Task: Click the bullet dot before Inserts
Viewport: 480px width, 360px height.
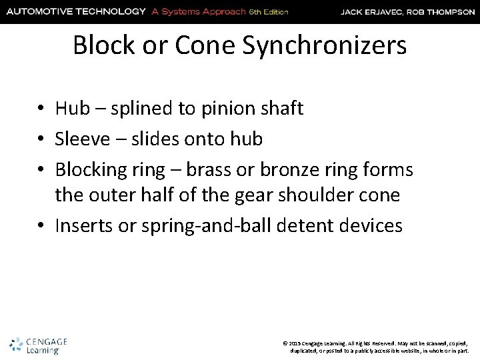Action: click(x=41, y=227)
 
